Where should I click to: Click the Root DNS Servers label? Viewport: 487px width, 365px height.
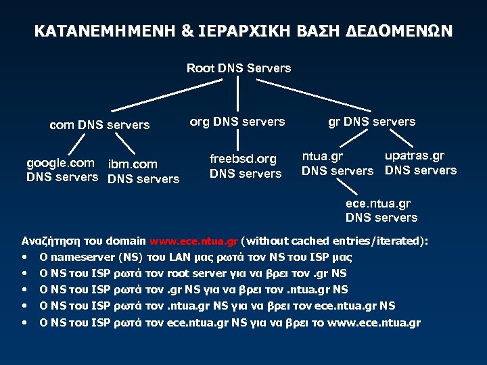click(239, 68)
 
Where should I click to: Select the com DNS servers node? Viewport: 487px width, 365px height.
click(100, 124)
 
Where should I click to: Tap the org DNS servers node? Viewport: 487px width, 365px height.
click(237, 122)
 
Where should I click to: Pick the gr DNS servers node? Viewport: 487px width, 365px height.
click(371, 122)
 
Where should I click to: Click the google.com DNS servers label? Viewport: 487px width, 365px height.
click(61, 170)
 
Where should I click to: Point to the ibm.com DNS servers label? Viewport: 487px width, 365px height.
click(143, 171)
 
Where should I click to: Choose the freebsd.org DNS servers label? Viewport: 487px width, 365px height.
click(244, 166)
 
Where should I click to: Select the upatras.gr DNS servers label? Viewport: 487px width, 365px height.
click(420, 163)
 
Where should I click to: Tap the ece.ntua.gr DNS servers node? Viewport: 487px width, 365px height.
click(381, 210)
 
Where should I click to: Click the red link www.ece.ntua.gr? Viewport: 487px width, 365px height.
click(193, 241)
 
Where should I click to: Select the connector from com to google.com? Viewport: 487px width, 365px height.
click(78, 145)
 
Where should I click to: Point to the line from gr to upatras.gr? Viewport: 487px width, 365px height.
click(403, 137)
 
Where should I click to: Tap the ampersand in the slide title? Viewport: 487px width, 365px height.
click(187, 32)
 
